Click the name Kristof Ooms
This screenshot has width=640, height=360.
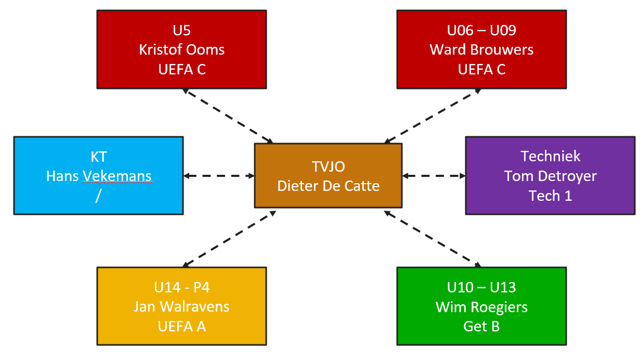click(x=182, y=49)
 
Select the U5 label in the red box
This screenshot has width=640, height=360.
click(x=182, y=30)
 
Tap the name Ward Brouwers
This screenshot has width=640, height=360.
click(x=481, y=49)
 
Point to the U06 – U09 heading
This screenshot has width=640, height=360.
click(x=481, y=30)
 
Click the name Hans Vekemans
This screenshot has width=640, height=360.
click(x=99, y=176)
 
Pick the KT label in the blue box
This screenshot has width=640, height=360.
click(x=99, y=156)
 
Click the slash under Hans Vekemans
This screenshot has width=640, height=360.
click(x=98, y=196)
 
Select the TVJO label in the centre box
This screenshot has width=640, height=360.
click(x=329, y=166)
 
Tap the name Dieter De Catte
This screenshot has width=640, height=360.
click(x=329, y=186)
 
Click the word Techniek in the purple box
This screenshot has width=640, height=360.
click(x=550, y=156)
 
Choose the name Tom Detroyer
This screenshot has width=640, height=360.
click(x=550, y=176)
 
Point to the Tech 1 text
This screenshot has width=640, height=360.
click(x=550, y=196)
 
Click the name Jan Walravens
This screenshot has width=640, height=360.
click(x=181, y=306)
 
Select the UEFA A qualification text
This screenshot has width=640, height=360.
click(x=181, y=326)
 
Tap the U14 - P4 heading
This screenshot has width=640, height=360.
click(x=181, y=287)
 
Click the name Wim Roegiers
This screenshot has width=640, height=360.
click(x=481, y=307)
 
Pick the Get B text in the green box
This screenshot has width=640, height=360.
click(x=481, y=326)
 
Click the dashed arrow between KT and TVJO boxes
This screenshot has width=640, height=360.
click(x=218, y=176)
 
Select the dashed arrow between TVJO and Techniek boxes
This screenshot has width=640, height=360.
click(x=434, y=176)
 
